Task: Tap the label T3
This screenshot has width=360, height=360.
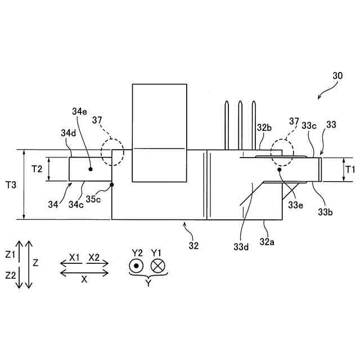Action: click(11, 184)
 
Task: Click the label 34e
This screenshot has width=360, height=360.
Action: click(79, 111)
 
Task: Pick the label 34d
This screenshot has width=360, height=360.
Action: click(66, 133)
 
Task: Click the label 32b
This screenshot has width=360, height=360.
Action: click(264, 127)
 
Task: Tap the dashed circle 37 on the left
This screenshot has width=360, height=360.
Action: click(112, 152)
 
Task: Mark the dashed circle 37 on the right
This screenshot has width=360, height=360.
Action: click(282, 152)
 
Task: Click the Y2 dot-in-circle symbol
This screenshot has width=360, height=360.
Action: click(136, 266)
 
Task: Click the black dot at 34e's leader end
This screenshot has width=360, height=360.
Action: click(90, 168)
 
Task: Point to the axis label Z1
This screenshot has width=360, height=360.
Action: click(10, 254)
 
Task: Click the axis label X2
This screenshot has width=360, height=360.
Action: click(93, 257)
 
